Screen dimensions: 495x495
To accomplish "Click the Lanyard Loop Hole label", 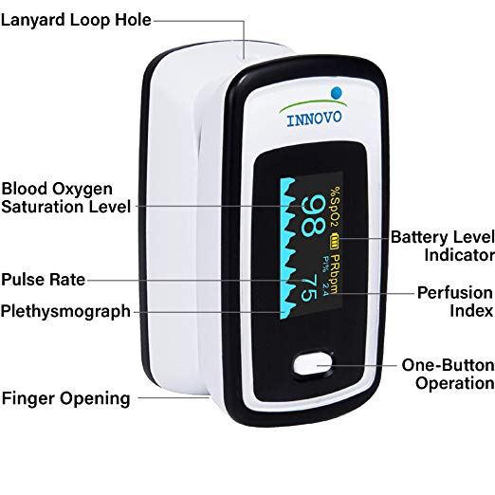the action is click(76, 20).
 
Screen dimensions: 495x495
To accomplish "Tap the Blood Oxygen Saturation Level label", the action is click(65, 198).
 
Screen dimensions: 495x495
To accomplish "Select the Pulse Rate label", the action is click(44, 280).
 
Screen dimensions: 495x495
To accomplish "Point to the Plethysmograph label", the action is click(65, 311).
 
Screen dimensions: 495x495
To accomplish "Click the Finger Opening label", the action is click(65, 398).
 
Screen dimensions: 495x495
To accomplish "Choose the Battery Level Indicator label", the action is click(443, 246).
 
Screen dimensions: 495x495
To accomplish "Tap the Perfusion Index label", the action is click(455, 302).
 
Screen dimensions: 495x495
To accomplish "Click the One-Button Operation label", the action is click(448, 375).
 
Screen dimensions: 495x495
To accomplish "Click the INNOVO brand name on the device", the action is click(314, 119).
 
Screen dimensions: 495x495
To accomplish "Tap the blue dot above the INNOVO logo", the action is click(337, 93).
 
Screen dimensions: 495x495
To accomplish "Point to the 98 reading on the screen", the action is click(313, 215).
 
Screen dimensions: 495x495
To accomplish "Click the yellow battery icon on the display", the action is click(335, 241).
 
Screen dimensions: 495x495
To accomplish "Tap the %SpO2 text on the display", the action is click(335, 207).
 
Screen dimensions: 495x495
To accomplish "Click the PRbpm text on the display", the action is click(335, 273).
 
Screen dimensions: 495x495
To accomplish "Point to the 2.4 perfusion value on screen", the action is click(325, 288).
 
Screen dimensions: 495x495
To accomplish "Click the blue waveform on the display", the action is click(288, 248).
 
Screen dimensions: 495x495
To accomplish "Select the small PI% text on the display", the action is click(325, 264).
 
